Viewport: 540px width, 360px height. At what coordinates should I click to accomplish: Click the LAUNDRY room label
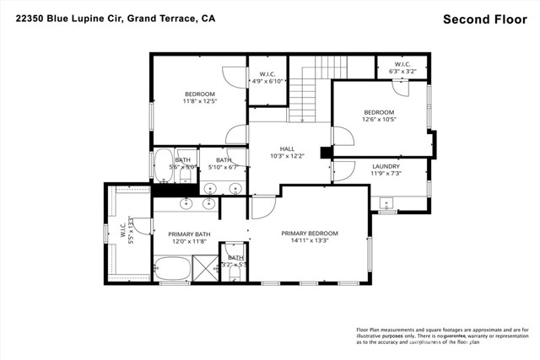[386, 166]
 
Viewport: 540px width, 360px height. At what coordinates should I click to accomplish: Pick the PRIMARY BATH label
[189, 234]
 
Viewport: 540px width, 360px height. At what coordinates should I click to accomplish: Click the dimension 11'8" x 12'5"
[200, 101]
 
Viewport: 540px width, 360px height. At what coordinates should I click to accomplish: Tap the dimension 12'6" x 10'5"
[379, 120]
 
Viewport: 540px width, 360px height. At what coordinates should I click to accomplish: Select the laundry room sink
[386, 202]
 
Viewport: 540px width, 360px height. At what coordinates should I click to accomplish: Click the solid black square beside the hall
[326, 153]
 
